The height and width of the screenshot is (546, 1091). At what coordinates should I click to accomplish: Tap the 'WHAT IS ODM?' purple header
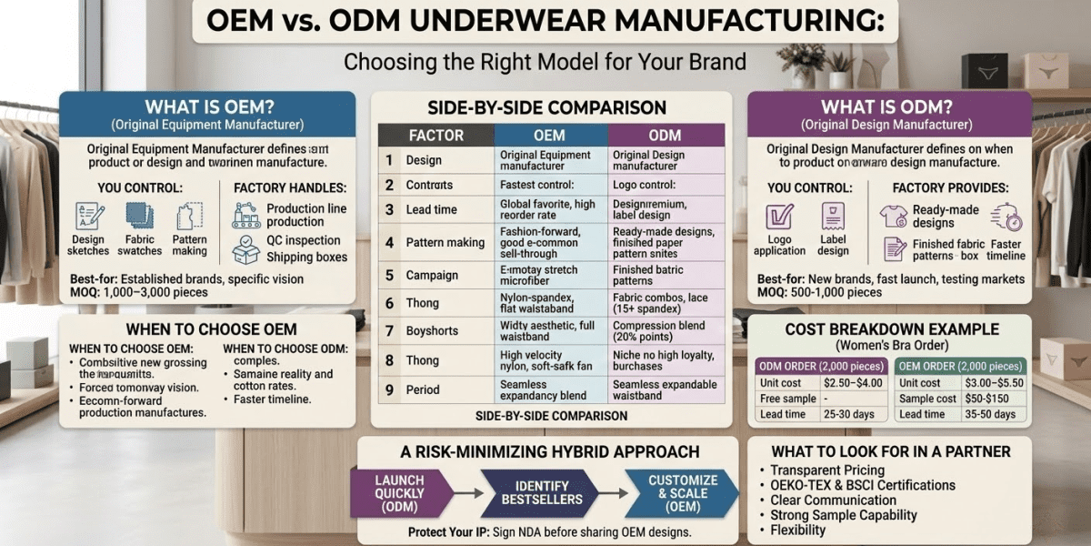[888, 107]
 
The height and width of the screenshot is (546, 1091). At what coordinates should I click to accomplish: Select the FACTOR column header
[435, 136]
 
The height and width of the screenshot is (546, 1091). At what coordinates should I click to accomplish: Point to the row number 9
[389, 389]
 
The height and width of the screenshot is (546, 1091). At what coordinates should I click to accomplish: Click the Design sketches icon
[88, 217]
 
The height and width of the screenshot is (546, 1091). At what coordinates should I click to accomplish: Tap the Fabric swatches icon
[140, 217]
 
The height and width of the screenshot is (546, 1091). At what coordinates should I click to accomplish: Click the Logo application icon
[779, 217]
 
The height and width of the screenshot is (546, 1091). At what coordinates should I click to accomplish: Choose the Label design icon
[833, 217]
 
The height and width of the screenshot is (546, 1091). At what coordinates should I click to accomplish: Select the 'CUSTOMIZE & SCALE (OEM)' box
[683, 493]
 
